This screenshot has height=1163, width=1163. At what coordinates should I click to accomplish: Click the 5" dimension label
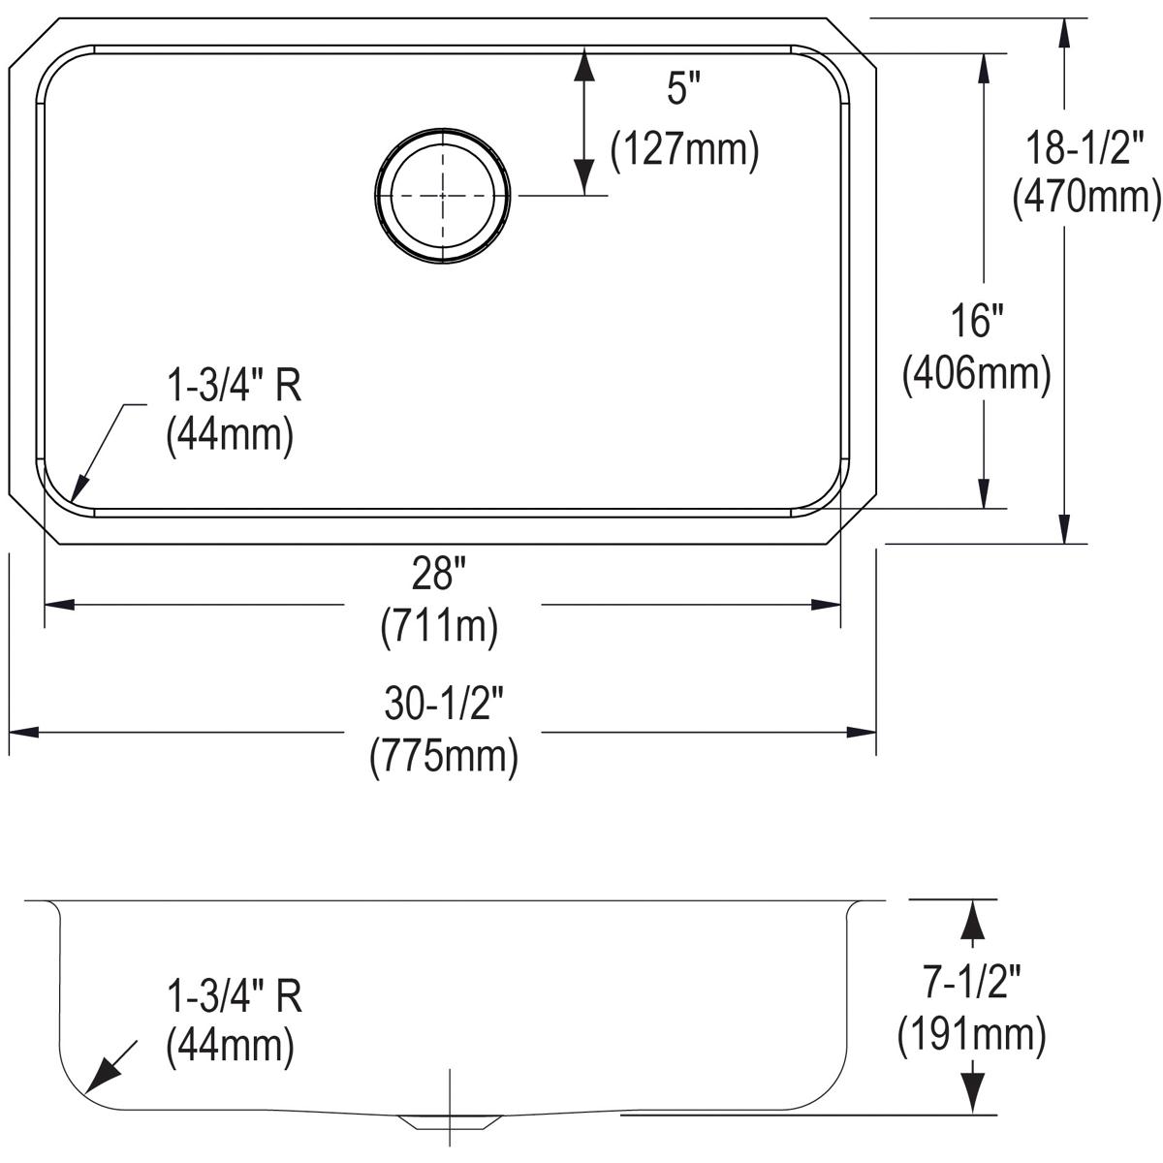pyautogui.click(x=682, y=91)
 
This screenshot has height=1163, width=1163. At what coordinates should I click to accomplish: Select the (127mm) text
pyautogui.click(x=684, y=150)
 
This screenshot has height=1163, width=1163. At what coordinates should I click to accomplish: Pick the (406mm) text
pyautogui.click(x=976, y=373)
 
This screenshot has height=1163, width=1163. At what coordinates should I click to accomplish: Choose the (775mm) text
pyautogui.click(x=444, y=756)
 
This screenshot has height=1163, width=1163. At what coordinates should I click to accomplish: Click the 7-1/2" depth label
pyautogui.click(x=971, y=985)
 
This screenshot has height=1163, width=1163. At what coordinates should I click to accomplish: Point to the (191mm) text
pyautogui.click(x=971, y=1036)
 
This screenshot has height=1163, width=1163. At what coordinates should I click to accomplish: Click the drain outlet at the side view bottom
pyautogui.click(x=450, y=1121)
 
